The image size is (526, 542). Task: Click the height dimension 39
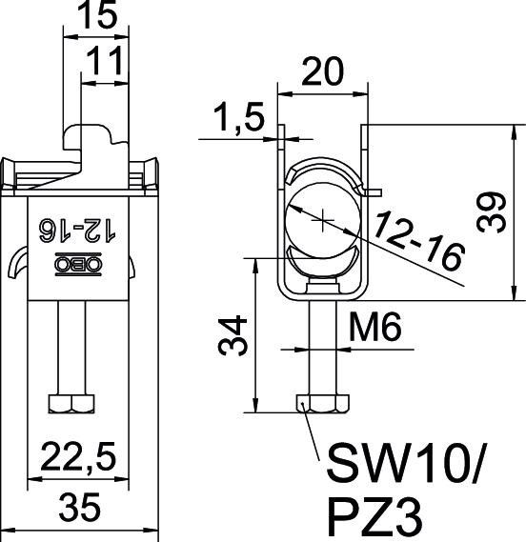click(493, 209)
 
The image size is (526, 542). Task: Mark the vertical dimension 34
click(236, 335)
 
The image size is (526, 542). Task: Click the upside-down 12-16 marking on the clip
click(80, 229)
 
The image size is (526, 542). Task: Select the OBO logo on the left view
click(81, 264)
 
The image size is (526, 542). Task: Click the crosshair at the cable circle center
click(324, 221)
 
